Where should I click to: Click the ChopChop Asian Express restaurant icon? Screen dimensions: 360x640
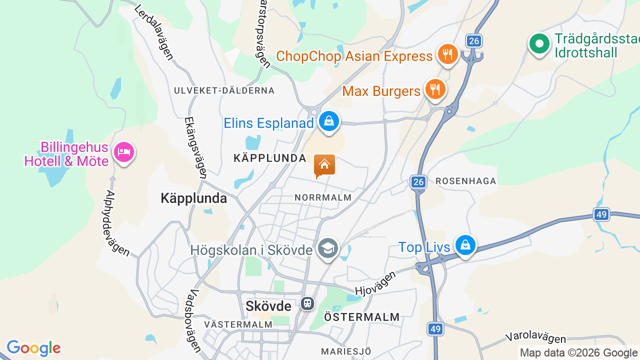click(x=447, y=54)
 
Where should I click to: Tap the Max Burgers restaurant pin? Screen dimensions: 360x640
click(x=435, y=89)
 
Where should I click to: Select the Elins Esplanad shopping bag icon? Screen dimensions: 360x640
click(x=329, y=121)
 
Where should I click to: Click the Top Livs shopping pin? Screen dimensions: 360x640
click(x=465, y=245)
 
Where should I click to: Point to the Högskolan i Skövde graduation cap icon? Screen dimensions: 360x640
click(x=328, y=248)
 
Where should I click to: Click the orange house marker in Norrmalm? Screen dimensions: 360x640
click(x=324, y=165)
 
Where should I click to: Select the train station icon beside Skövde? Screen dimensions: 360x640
click(x=307, y=303)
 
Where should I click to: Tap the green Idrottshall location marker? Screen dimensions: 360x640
click(x=539, y=44)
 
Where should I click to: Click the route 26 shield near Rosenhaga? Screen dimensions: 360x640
click(x=418, y=182)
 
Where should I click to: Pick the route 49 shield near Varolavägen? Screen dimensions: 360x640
click(x=434, y=328)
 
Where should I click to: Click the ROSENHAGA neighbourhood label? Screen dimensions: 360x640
click(x=465, y=181)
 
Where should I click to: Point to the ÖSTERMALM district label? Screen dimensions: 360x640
click(x=361, y=317)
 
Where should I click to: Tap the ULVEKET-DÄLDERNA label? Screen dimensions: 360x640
click(x=224, y=90)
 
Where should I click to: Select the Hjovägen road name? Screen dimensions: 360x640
click(x=375, y=283)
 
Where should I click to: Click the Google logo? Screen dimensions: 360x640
click(x=33, y=348)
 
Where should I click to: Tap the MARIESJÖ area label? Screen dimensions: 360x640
click(x=346, y=351)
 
